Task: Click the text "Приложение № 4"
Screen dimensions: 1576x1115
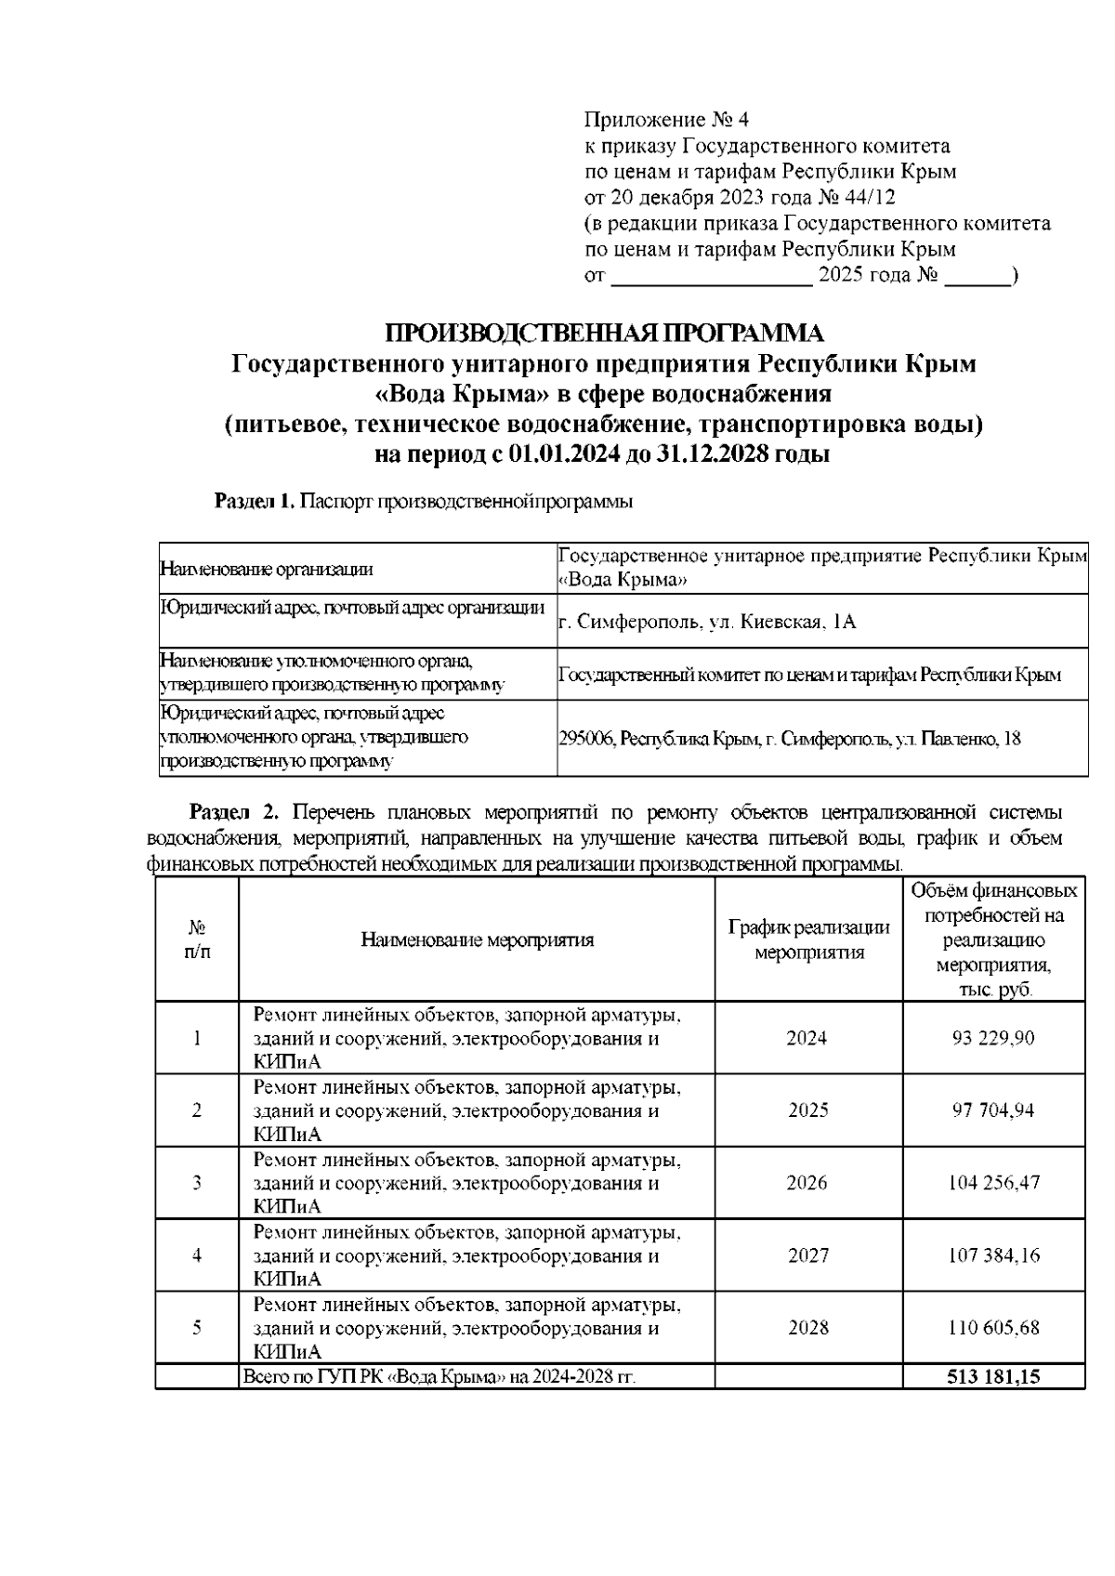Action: point(665,120)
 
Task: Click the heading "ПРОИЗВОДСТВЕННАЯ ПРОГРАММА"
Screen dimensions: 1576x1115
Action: point(604,333)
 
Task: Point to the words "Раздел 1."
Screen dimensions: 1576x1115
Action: point(255,502)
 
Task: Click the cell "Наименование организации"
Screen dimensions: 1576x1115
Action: point(267,569)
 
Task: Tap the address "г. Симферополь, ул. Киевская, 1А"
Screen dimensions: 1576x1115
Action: point(706,622)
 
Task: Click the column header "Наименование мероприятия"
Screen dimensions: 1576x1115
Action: point(477,939)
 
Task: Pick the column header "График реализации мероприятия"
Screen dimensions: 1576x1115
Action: point(808,939)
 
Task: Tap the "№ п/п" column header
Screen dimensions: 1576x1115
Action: point(197,939)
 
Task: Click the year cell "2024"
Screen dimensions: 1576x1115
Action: point(806,1038)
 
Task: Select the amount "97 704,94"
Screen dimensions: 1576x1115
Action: point(992,1110)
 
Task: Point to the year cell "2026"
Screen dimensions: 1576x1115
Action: point(806,1183)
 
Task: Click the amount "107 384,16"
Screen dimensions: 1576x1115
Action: point(992,1255)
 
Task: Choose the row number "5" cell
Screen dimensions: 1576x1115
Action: point(197,1328)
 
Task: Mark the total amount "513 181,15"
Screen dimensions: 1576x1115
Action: point(992,1377)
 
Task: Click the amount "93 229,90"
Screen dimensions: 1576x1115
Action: point(992,1038)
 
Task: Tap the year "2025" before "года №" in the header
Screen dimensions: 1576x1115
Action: point(841,276)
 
